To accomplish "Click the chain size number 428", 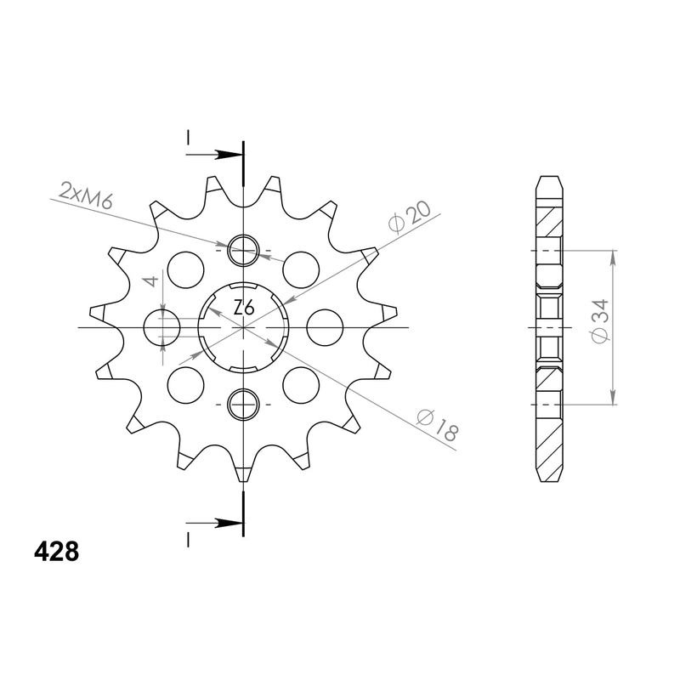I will pos(57,553).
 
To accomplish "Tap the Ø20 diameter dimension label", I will pos(408,216).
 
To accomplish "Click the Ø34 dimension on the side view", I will pos(600,323).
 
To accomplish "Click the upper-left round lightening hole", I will pos(187,269).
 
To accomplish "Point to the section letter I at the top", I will pos(188,138).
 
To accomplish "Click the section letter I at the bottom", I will pos(188,539).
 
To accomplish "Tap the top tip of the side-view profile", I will pos(549,178).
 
